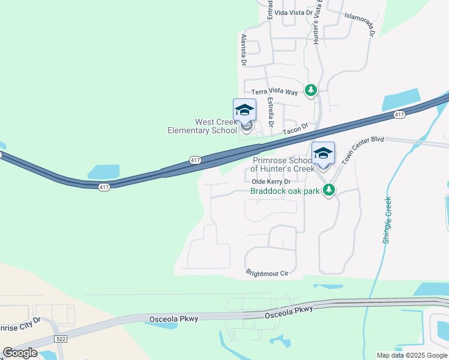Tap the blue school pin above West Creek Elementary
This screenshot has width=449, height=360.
[244, 110]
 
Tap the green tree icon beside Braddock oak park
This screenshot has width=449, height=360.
[328, 190]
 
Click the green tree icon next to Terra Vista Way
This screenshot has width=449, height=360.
[310, 91]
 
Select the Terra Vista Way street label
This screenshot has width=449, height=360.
[274, 92]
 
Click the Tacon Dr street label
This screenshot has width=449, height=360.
[295, 127]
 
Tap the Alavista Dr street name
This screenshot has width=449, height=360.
[244, 49]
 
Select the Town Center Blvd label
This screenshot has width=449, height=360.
[362, 149]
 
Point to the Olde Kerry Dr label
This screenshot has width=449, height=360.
[271, 181]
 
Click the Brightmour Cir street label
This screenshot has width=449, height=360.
[267, 273]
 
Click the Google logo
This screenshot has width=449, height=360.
[20, 353]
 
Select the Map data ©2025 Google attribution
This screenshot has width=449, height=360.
[412, 355]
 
